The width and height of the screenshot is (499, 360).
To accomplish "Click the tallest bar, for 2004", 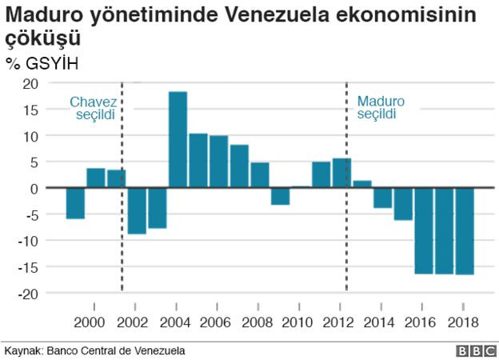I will pyautogui.click(x=178, y=140).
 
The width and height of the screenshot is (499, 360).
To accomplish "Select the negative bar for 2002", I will pyautogui.click(x=137, y=210).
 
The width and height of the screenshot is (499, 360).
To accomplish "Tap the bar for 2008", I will pyautogui.click(x=259, y=175).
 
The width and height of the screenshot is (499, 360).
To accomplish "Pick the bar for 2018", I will pyautogui.click(x=464, y=231).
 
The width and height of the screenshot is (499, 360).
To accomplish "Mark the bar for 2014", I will pyautogui.click(x=382, y=198).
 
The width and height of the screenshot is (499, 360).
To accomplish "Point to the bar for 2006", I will pyautogui.click(x=218, y=162).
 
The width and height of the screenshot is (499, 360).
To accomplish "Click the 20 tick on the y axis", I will pyautogui.click(x=30, y=84).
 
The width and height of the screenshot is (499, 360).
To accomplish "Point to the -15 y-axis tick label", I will pyautogui.click(x=27, y=267).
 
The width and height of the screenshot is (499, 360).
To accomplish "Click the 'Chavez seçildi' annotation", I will pyautogui.click(x=93, y=108).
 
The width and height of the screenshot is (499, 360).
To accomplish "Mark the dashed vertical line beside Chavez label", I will pyautogui.click(x=122, y=240).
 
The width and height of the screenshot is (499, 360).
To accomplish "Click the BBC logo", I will pyautogui.click(x=475, y=351).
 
